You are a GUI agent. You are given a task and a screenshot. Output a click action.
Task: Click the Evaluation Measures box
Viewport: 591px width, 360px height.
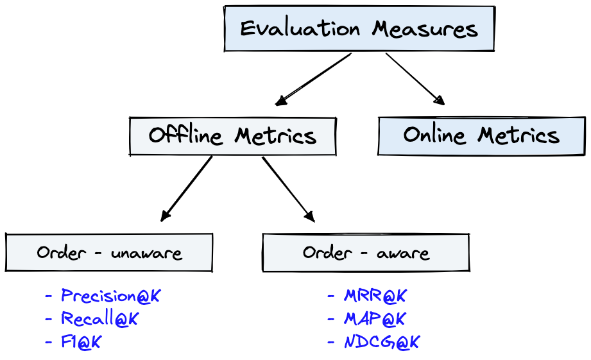[x=359, y=29]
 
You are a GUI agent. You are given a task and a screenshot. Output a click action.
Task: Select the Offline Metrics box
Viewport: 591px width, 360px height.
[x=232, y=136]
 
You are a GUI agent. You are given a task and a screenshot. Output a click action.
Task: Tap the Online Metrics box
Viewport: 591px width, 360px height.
[x=481, y=135]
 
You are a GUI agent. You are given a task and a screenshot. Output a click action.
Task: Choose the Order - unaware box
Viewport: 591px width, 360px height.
[x=109, y=252]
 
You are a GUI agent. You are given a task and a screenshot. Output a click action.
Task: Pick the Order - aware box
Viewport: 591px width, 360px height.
[x=366, y=252]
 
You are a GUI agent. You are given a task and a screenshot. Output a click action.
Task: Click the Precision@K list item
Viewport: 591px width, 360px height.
[x=110, y=296]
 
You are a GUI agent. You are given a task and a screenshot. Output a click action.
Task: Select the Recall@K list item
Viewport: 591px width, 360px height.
[x=99, y=319]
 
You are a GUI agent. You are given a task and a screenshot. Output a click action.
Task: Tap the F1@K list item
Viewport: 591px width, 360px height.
[x=81, y=342]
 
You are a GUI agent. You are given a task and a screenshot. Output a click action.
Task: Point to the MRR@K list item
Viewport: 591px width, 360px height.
[x=375, y=296]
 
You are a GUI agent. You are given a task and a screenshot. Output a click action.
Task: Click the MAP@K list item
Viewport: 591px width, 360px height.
[x=375, y=319]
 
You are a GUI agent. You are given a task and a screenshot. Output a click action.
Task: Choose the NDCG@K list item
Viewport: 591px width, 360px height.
[x=381, y=342]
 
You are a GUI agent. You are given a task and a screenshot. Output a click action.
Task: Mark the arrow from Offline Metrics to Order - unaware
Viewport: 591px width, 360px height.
[x=186, y=189]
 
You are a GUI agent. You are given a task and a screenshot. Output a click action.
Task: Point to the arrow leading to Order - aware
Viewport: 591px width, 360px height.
[x=289, y=189]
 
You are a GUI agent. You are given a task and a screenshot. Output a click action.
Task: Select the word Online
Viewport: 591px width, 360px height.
[x=434, y=135]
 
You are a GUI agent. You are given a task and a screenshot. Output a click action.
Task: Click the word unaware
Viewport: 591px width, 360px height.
[x=146, y=253]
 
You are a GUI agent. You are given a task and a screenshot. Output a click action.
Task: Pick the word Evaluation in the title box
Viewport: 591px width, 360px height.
[x=300, y=29]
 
